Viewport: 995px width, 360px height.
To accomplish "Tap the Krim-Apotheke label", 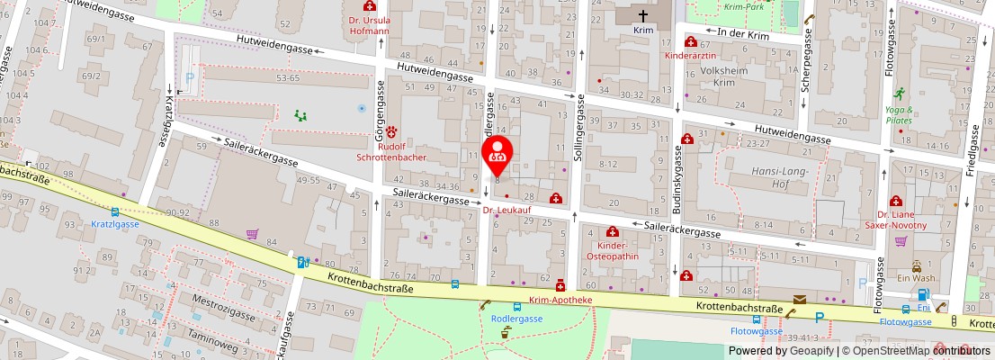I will coord(560,300).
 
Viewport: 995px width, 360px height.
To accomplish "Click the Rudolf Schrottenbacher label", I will coord(391,151).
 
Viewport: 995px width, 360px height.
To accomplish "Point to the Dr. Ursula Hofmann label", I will coord(368,25).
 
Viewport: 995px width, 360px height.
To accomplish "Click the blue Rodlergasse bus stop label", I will coord(516,319).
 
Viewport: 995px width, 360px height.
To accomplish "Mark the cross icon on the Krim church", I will coord(643,15).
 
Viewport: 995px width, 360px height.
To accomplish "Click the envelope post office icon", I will coord(800,300).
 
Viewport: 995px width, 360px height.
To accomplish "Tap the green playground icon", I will coord(300,115).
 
